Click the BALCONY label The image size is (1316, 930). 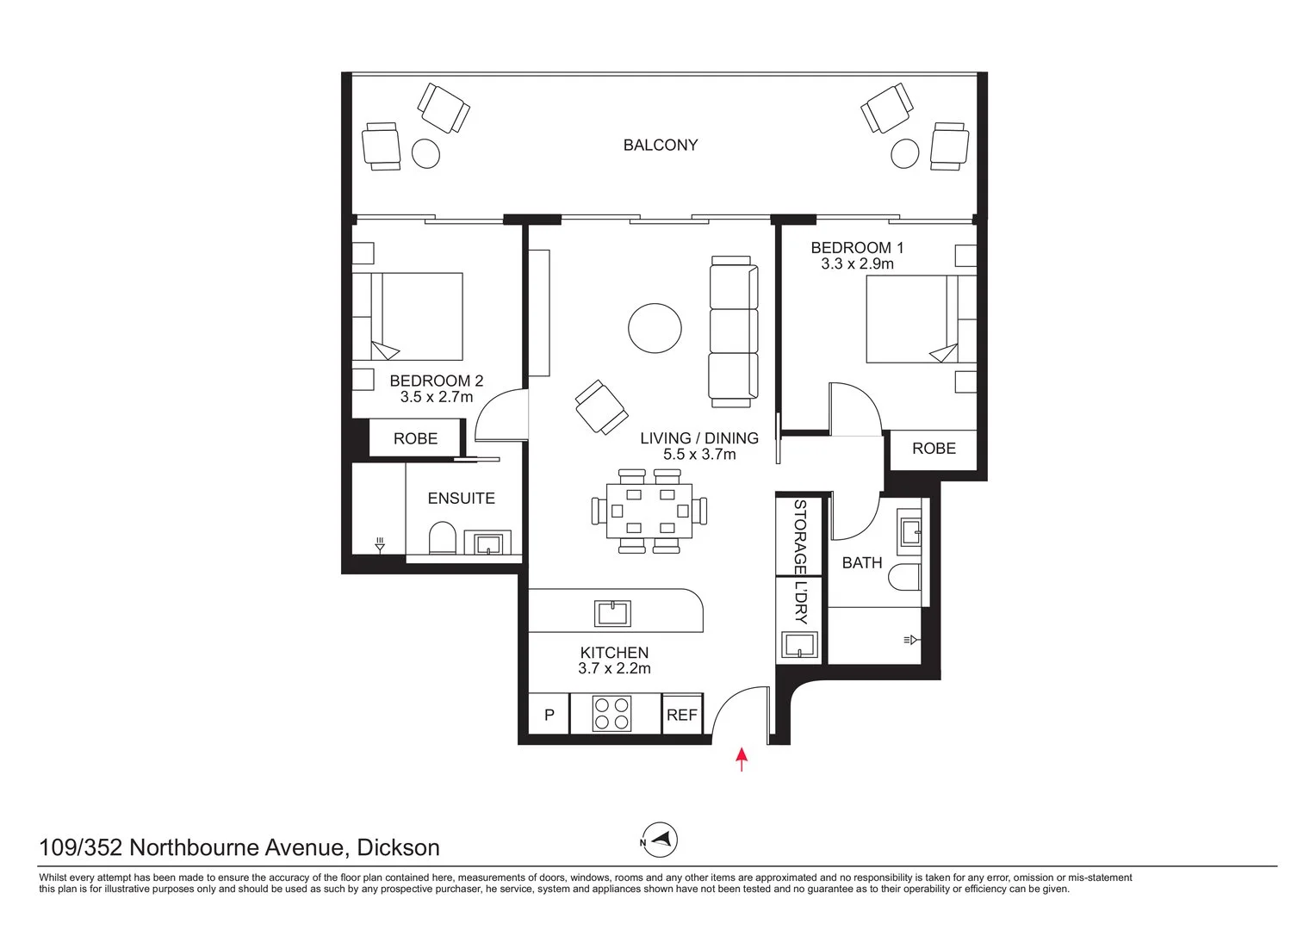point(661,146)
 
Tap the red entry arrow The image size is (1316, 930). point(741,759)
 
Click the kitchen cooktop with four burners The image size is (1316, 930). point(611,714)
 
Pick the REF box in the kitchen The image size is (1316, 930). point(682,715)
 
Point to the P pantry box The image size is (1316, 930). point(549,715)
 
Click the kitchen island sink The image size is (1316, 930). point(612,613)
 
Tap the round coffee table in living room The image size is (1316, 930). point(655,328)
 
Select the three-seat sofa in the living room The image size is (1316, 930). point(734,332)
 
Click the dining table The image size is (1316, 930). point(649,511)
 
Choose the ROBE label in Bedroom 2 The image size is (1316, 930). point(415,438)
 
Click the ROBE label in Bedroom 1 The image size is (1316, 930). point(934,449)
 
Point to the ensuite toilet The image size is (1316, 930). point(442,538)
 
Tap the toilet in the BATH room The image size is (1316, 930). point(905,578)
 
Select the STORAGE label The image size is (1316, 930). point(800,536)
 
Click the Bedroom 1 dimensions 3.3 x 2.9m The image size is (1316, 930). point(857,264)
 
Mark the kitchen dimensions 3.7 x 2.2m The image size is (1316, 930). point(614,668)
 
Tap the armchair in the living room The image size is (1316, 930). point(599,407)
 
